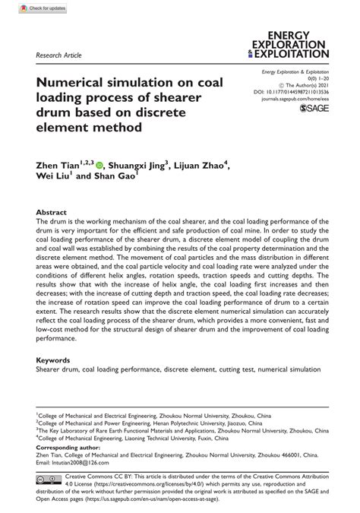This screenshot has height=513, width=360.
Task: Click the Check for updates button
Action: (x=28, y=8)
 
